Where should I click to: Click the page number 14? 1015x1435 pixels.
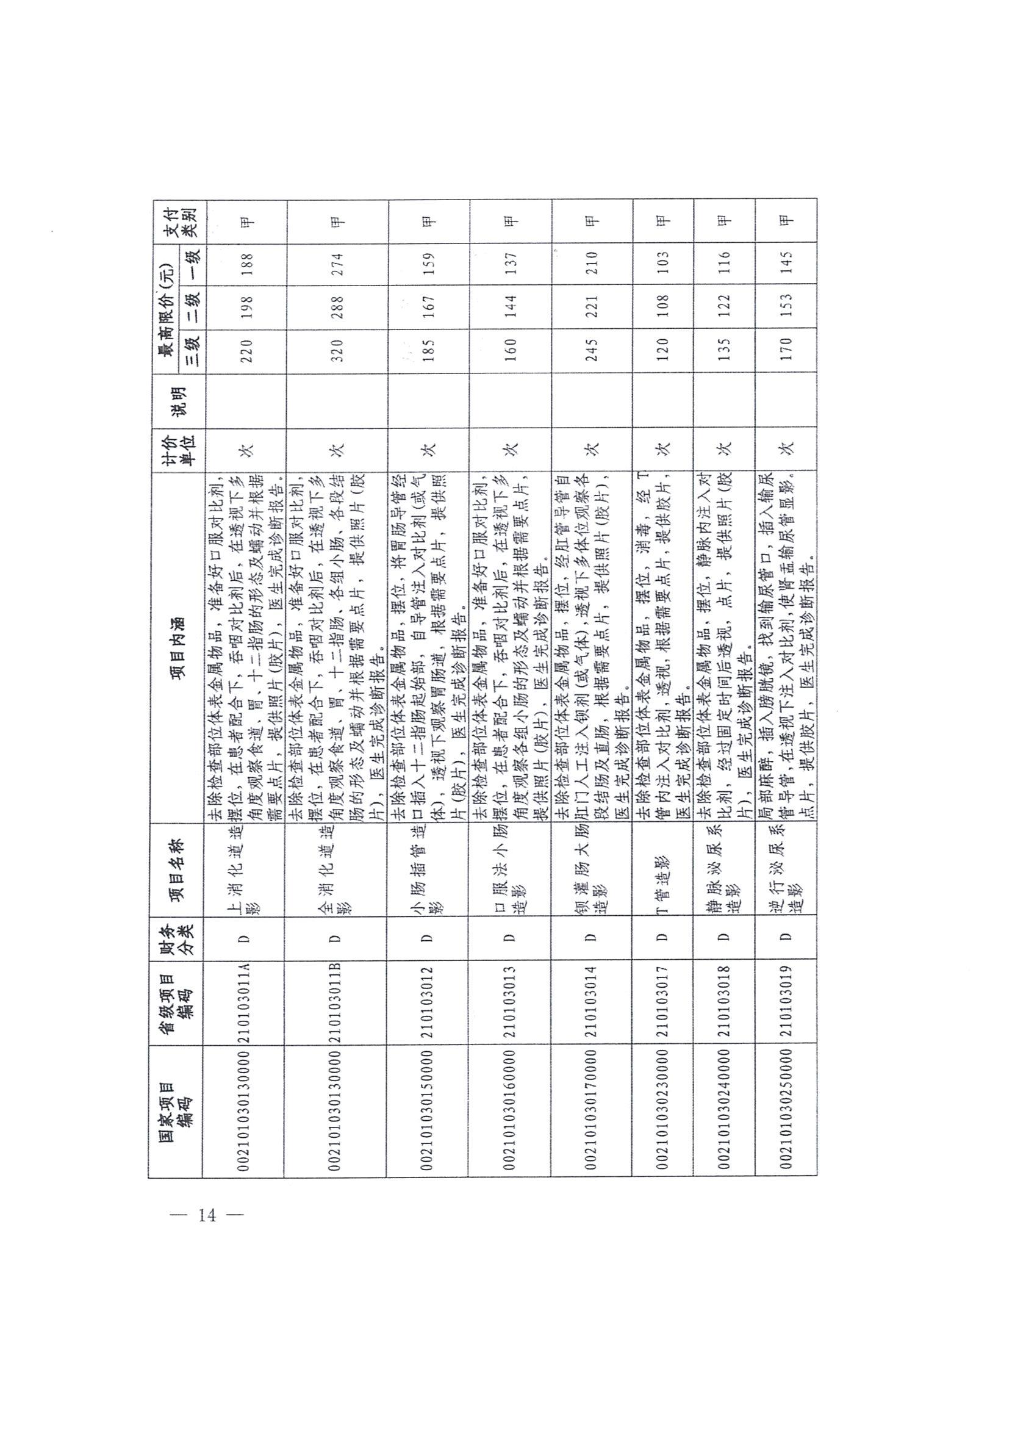pos(206,1215)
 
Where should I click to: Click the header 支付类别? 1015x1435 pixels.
pos(180,221)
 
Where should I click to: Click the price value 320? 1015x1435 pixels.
pos(337,351)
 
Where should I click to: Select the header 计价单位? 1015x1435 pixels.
pos(180,449)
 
